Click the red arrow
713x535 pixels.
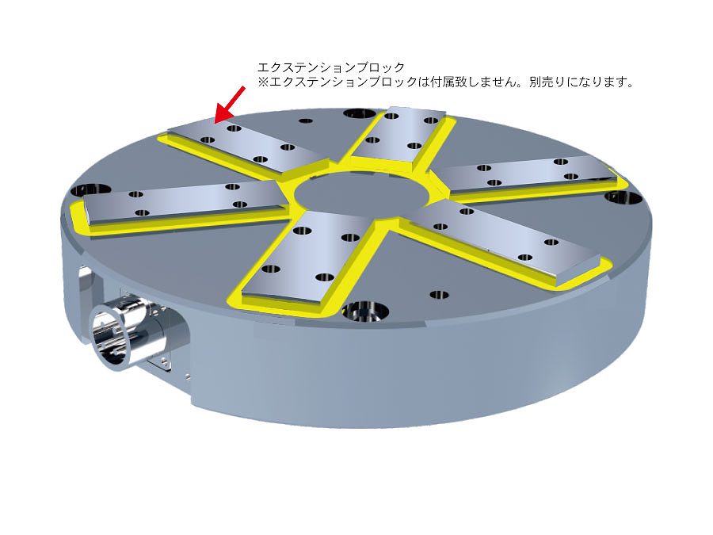coord(230,104)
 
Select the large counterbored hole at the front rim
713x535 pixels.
coord(364,311)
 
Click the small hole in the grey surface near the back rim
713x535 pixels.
coord(306,121)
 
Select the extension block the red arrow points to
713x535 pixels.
coord(248,145)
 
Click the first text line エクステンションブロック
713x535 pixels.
coord(330,68)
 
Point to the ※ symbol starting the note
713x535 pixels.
coord(263,82)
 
